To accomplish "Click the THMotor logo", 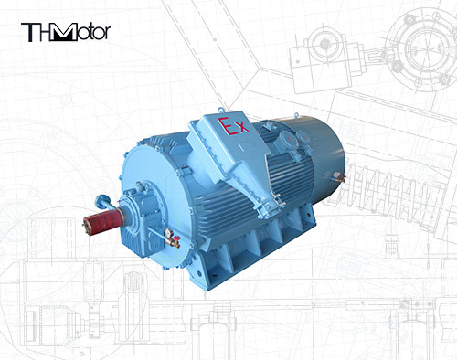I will pyautogui.click(x=65, y=34).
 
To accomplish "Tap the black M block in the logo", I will pyautogui.click(x=65, y=34).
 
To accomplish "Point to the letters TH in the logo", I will pyautogui.click(x=37, y=34).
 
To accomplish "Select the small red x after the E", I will pyautogui.click(x=242, y=133).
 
